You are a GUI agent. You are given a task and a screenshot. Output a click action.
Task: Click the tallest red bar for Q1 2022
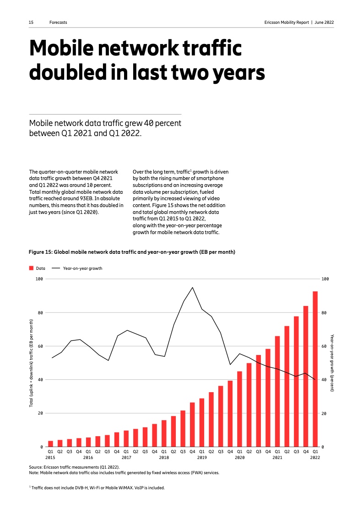click(x=315, y=369)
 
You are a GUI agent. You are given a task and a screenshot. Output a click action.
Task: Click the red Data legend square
click(x=31, y=268)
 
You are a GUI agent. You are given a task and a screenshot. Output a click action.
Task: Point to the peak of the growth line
click(x=192, y=287)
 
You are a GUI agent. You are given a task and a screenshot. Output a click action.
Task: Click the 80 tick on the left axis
click(x=40, y=312)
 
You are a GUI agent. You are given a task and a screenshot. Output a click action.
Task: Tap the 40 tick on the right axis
click(x=325, y=380)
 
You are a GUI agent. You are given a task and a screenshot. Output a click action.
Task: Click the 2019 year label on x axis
click(x=202, y=457)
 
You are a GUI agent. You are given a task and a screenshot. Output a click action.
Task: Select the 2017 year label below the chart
click(x=126, y=457)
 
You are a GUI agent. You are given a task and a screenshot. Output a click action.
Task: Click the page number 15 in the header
click(x=31, y=22)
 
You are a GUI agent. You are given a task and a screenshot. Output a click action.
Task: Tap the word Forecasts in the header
click(x=58, y=22)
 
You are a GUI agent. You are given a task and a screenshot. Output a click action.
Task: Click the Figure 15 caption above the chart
click(x=132, y=252)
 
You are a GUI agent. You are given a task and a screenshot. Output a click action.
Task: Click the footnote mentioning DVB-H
click(x=97, y=487)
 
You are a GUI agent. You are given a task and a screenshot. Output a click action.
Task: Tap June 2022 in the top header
click(x=324, y=22)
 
